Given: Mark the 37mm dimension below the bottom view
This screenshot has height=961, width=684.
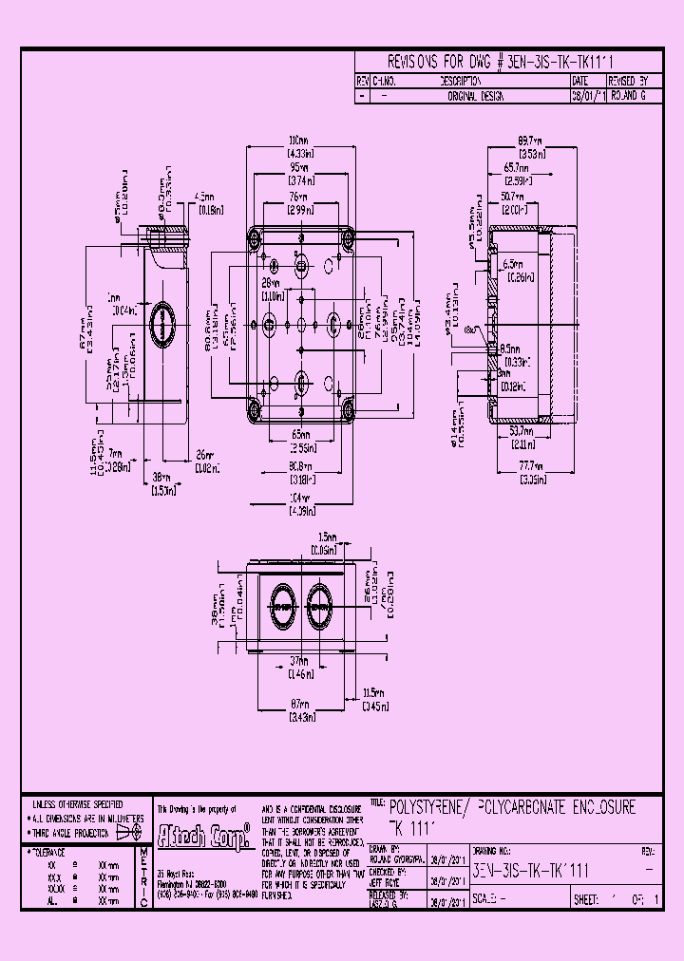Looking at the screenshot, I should coord(300,663).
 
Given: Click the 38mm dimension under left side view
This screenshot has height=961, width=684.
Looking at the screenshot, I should coord(161,478).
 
